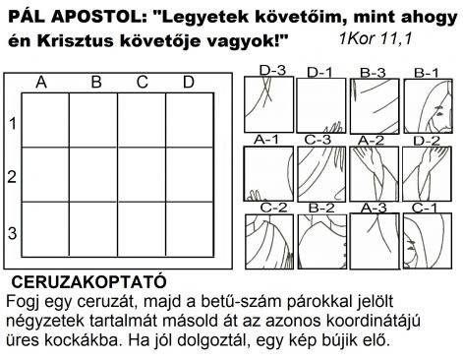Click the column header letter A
tap(41, 83)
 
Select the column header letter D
tap(188, 83)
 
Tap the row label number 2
tap(12, 177)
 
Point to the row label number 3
tap(12, 233)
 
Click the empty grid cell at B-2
tap(96, 175)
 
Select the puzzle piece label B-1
tap(425, 72)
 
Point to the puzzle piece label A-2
tap(370, 140)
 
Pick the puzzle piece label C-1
tap(425, 208)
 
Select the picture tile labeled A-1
tap(268, 173)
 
